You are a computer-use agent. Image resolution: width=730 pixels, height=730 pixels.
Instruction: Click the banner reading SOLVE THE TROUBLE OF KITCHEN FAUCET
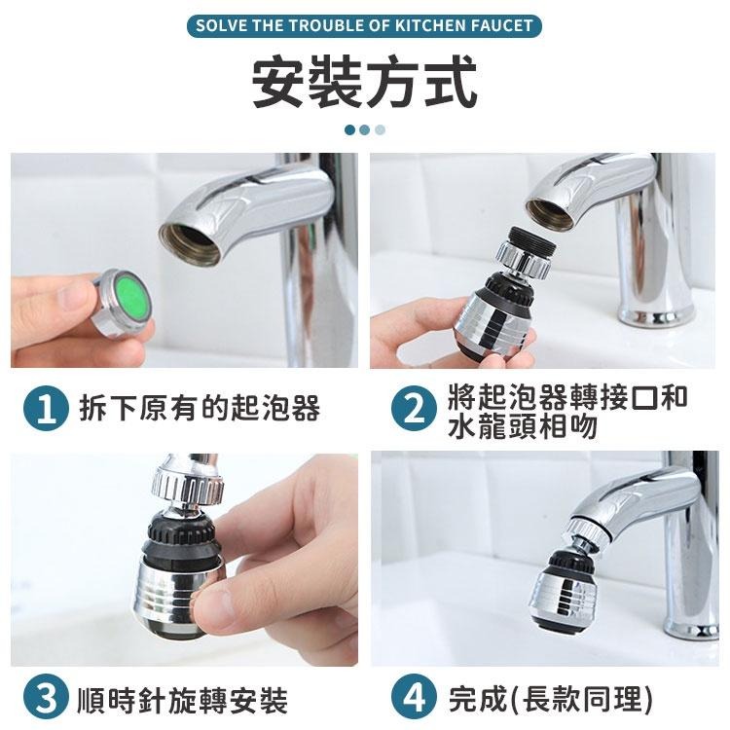(x=365, y=25)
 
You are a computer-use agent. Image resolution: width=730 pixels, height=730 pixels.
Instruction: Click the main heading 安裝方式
(x=365, y=83)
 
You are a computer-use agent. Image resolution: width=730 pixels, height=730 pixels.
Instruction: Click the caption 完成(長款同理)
(x=550, y=699)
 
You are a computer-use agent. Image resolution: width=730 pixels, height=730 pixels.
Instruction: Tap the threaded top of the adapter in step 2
(x=526, y=243)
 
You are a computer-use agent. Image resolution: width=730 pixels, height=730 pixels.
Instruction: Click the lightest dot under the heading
(x=380, y=128)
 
